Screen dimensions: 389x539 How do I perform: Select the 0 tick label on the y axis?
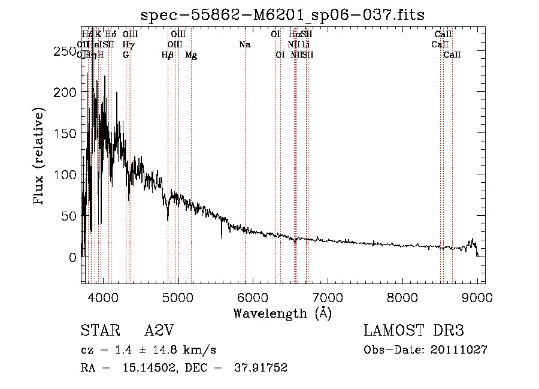point(73,257)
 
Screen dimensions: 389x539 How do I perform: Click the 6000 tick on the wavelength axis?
point(253,298)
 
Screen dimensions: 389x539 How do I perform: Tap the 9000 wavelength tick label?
point(477,298)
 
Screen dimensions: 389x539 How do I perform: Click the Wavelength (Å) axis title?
point(282,313)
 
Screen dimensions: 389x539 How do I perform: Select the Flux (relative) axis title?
point(40,157)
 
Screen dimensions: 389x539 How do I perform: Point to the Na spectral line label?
point(244,44)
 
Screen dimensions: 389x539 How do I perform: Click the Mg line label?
point(191,55)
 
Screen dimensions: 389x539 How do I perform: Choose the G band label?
point(126,55)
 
